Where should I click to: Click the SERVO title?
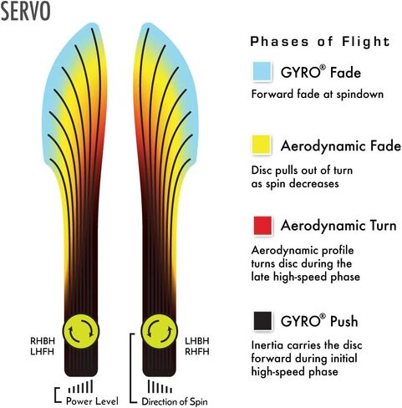click(26, 11)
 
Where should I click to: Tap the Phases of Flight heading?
click(320, 42)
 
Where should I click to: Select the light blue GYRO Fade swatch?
click(262, 71)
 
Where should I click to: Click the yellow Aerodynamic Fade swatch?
click(262, 145)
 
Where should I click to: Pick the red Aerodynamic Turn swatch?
click(262, 225)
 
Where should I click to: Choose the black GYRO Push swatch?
click(262, 321)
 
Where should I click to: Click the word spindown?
click(359, 94)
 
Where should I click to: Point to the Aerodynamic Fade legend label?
click(341, 145)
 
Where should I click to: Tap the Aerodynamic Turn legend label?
click(338, 226)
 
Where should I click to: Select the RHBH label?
click(43, 341)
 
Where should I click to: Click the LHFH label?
click(42, 351)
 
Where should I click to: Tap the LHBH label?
click(197, 341)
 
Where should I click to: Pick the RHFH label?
click(197, 351)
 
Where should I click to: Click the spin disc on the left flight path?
click(81, 331)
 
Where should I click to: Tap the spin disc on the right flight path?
click(160, 331)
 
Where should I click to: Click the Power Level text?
click(92, 401)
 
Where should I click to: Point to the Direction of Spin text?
click(175, 401)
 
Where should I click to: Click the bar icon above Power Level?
click(80, 386)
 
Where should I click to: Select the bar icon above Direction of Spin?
click(160, 386)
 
